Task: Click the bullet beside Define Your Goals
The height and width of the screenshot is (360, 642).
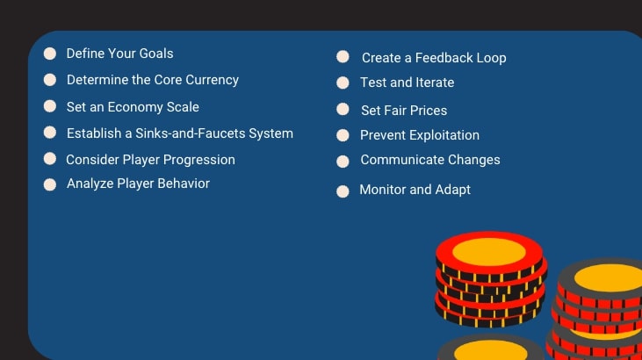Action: coord(50,54)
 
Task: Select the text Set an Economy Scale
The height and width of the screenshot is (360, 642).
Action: coord(133,107)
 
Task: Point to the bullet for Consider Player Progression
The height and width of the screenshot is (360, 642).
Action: coord(50,159)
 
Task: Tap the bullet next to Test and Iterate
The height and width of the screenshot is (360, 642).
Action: coord(343,83)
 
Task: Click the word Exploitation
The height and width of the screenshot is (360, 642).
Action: coord(443,135)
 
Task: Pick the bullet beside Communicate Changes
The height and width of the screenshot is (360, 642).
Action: coord(343,162)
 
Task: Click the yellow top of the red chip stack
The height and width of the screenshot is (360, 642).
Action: coord(488,251)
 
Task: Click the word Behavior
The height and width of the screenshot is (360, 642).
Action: coord(181,184)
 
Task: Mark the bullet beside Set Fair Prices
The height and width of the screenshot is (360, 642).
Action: coord(343,110)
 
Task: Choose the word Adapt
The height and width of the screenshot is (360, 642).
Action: coord(453,190)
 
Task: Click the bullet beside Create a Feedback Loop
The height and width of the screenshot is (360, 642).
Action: coord(343,57)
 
